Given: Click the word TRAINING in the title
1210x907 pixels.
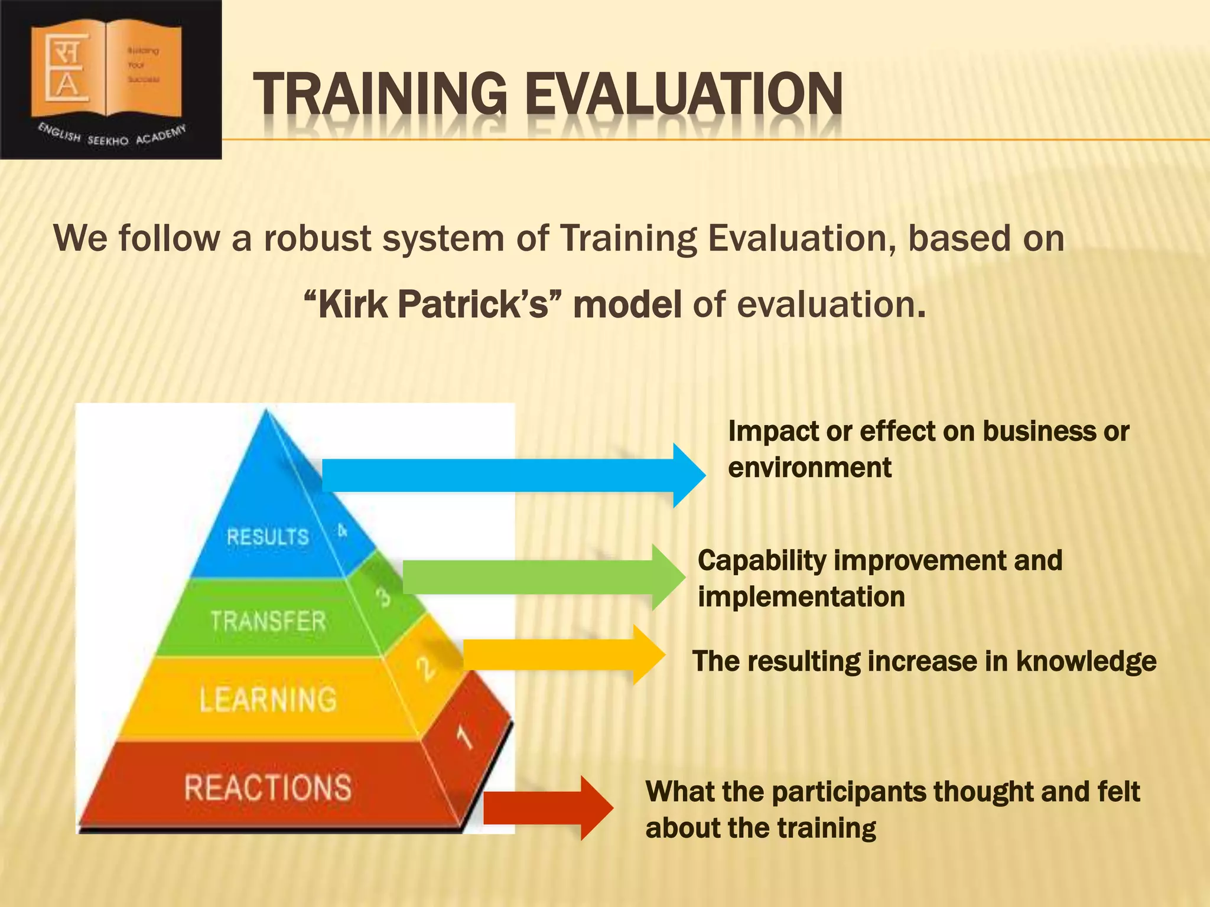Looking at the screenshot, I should point(380,94).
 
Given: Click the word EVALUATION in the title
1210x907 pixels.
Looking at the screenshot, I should point(684,94).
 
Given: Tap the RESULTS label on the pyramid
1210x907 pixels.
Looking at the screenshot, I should point(268,537).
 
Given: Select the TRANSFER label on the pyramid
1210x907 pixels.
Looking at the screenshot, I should point(268,621).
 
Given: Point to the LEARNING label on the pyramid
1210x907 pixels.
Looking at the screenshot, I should point(268,699).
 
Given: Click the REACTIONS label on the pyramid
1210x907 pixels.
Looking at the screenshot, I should point(268,788).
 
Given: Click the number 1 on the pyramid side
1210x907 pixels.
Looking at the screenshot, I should point(465,738).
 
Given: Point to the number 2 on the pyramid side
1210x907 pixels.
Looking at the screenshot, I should point(425,668).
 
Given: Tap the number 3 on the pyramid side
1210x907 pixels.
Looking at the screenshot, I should point(385,596).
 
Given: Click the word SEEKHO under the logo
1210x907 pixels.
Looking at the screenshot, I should point(108,141).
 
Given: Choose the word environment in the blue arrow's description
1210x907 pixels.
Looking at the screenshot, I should point(809,468).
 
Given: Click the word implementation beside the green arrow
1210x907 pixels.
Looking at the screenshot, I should point(801,596).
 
